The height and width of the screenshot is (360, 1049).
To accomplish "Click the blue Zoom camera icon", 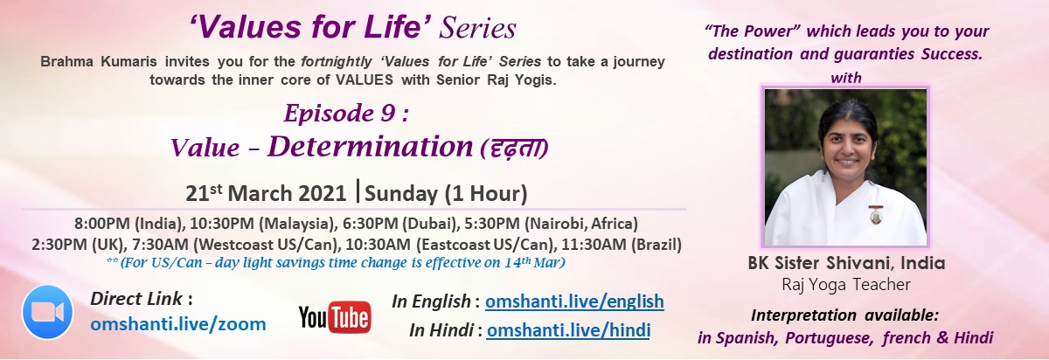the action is click(x=47, y=312).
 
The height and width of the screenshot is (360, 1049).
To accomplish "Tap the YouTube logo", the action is click(x=335, y=317).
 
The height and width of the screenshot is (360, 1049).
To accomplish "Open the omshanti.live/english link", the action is click(x=574, y=301).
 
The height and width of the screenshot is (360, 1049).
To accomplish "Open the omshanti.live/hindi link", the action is click(x=568, y=330).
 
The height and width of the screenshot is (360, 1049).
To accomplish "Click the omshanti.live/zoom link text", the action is click(x=178, y=324).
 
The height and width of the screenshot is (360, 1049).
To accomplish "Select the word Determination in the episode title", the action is click(x=371, y=146).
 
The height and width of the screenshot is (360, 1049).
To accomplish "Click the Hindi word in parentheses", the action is click(x=514, y=149).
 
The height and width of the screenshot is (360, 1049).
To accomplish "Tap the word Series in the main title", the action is click(x=477, y=28).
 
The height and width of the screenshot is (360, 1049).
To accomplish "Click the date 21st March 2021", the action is click(x=266, y=193).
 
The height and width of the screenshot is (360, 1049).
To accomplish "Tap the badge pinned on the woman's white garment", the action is click(x=875, y=214).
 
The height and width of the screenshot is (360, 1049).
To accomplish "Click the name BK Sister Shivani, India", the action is click(x=846, y=263).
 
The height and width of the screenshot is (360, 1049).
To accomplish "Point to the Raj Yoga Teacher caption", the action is click(x=846, y=284).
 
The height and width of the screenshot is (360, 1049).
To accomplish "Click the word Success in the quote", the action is click(x=952, y=54).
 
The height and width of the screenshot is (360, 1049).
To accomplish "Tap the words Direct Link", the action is click(x=136, y=299).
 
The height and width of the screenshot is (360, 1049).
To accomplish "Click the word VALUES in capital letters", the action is click(x=365, y=80).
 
